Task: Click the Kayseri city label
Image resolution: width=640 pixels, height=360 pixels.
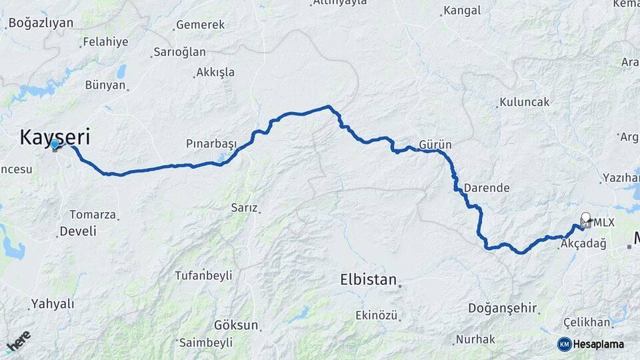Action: click(55, 137)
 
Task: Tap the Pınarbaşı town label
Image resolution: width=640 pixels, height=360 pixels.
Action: click(212, 144)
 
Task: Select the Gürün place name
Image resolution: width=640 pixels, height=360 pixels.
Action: click(435, 145)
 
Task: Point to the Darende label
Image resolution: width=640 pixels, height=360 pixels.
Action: click(486, 188)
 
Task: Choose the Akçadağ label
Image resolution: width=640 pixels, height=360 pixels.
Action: click(583, 244)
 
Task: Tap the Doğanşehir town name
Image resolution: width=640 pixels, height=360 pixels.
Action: click(502, 307)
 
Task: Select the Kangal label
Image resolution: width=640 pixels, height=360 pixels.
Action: click(461, 11)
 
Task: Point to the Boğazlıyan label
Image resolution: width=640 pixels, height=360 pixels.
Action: click(40, 23)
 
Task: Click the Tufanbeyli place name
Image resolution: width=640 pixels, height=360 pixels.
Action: click(203, 275)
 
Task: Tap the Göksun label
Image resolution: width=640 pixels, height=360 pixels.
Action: click(236, 325)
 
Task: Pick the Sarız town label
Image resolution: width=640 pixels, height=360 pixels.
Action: click(244, 207)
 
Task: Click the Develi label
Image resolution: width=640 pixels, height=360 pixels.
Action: click(77, 231)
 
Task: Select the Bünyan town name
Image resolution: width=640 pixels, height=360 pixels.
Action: click(105, 85)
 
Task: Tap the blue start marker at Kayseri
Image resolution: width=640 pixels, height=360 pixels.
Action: click(55, 144)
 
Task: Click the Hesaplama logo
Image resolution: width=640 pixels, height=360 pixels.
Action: click(591, 344)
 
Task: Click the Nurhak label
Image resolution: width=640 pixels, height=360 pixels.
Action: click(475, 339)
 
